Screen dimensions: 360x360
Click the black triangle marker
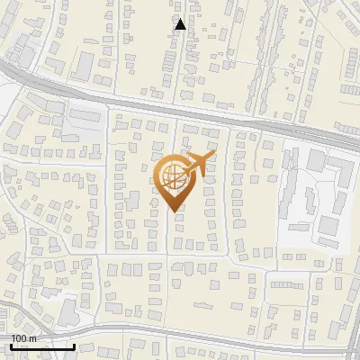[180, 24]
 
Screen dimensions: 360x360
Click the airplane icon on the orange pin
[198, 164]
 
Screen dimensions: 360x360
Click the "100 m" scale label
[23, 337]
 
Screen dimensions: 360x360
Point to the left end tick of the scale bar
[11, 346]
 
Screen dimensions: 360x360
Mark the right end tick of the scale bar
[74, 346]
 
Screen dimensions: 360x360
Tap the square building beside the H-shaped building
[316, 160]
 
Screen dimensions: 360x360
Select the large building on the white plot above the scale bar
[68, 311]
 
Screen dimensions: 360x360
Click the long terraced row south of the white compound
[285, 282]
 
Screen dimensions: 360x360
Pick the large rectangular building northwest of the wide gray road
[84, 64]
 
